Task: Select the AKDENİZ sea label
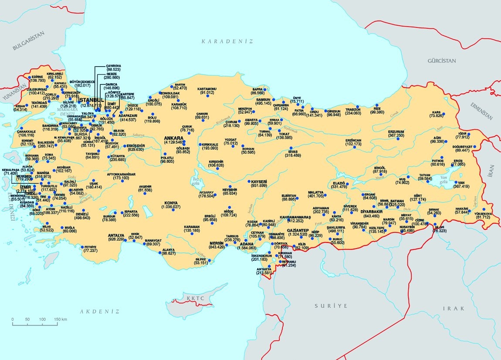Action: (x=99, y=311)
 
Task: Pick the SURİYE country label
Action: (x=331, y=306)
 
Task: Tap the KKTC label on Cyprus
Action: (x=193, y=299)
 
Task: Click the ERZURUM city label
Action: (x=396, y=131)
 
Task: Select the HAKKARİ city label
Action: (x=461, y=209)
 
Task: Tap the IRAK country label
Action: (x=451, y=308)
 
